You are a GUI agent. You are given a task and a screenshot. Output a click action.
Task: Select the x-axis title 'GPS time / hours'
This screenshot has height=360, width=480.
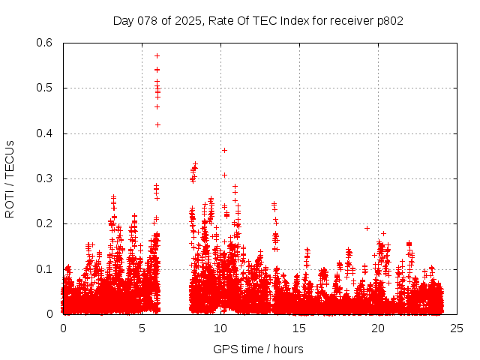(x=258, y=349)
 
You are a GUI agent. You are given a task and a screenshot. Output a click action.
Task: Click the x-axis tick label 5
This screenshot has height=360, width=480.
(x=142, y=328)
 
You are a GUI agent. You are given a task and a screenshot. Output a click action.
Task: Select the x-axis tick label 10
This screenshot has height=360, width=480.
(x=220, y=328)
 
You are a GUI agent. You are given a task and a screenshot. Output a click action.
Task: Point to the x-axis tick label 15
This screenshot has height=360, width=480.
(x=299, y=328)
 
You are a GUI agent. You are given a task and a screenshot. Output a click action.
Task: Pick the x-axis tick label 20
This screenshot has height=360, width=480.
(x=378, y=328)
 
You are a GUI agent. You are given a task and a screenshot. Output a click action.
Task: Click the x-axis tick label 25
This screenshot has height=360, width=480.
(x=457, y=328)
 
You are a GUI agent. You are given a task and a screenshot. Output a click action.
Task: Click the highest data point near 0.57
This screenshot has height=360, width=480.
(x=157, y=55)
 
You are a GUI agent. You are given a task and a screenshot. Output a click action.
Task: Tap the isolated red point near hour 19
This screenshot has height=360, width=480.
(x=367, y=228)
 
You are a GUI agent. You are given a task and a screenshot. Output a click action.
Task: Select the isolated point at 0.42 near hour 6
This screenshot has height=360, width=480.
(x=157, y=124)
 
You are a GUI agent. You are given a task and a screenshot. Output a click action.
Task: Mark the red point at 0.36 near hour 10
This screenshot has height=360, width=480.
(x=224, y=150)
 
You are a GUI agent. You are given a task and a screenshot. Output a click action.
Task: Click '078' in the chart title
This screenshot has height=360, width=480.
(x=147, y=21)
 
